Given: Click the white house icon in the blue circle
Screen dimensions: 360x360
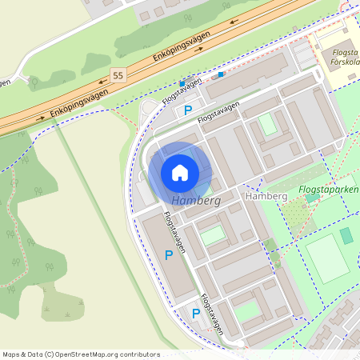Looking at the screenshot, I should click(x=180, y=172).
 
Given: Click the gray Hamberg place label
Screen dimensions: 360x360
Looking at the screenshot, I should click(x=266, y=196).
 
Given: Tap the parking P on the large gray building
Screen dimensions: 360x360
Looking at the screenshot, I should click(x=168, y=254).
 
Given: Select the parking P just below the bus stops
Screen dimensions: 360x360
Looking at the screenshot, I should click(x=188, y=110).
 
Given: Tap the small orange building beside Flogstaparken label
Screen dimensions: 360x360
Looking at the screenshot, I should click(x=314, y=197).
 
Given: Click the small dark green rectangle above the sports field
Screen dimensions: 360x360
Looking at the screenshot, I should click(x=346, y=235).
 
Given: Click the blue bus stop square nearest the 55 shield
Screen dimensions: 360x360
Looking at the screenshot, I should click(x=182, y=83).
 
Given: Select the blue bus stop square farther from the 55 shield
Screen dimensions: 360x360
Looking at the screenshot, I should click(x=221, y=74).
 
